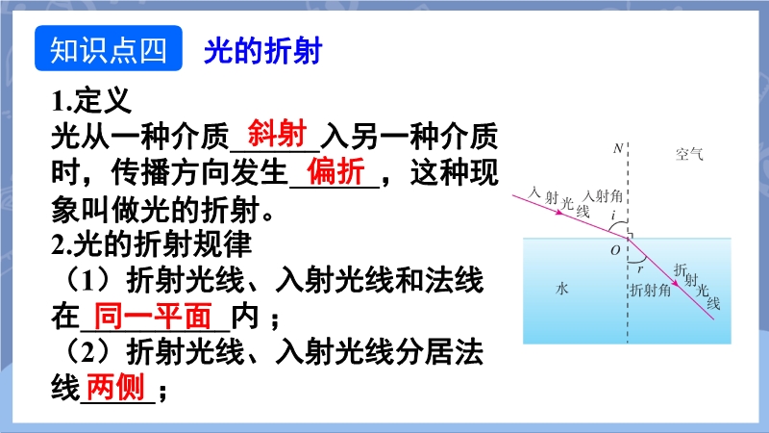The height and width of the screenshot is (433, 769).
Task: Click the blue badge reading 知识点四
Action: tap(109, 48)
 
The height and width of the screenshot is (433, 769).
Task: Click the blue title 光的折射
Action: tap(262, 51)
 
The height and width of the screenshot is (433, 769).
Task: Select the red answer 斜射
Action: tap(277, 133)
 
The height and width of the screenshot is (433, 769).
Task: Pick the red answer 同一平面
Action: tap(153, 316)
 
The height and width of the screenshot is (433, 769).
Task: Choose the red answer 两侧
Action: tap(115, 387)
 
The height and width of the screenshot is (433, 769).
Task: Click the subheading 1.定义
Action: tap(91, 101)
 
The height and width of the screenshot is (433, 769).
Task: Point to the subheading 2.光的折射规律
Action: tap(152, 244)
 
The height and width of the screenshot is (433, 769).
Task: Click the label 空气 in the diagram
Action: tap(689, 154)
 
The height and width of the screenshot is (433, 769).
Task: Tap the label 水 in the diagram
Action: tap(562, 288)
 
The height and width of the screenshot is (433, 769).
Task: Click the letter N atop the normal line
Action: tap(617, 148)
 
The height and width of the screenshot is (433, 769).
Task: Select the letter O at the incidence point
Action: tap(615, 250)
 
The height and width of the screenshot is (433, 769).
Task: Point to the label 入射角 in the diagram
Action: tap(603, 196)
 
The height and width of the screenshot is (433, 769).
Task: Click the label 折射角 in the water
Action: tap(651, 291)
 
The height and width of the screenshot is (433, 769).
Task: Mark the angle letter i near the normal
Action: tap(613, 215)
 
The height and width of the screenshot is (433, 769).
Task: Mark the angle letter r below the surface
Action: tap(640, 269)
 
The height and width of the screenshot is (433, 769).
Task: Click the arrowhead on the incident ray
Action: tap(559, 213)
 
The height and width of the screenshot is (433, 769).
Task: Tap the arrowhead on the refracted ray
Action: tap(676, 283)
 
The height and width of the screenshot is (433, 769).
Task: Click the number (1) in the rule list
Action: tap(89, 280)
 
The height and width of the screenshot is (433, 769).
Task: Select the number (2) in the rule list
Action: tap(89, 351)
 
